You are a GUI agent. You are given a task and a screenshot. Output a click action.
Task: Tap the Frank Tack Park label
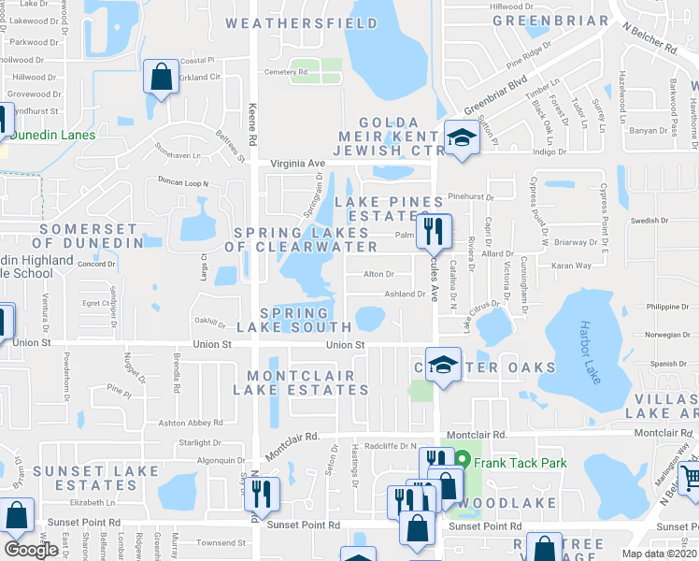[518, 462]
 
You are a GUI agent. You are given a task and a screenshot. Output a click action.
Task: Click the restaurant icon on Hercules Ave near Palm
[434, 231]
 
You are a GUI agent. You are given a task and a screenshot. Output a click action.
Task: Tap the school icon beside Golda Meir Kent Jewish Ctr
[461, 138]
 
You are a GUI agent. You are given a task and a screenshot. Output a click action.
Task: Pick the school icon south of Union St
[443, 364]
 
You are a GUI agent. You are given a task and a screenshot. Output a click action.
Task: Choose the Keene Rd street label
[252, 127]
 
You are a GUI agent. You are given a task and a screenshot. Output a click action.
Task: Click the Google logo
[31, 549]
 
